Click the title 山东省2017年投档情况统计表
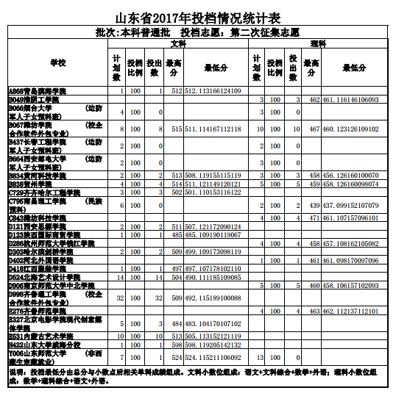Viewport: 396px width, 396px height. point(197,17)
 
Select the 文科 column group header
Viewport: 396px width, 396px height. point(177,44)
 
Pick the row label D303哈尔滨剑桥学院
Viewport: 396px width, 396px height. point(40,251)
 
